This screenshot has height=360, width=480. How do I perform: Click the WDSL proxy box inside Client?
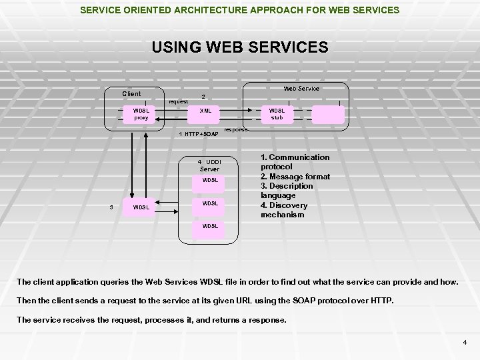[141, 114]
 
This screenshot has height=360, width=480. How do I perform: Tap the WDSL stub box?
[277, 114]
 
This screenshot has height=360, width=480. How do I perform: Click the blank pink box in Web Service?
[328, 114]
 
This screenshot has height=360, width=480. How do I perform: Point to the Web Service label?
[302, 88]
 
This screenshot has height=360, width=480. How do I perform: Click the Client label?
[131, 93]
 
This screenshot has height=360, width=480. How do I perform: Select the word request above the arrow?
[178, 102]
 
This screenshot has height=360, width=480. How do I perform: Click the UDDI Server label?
[210, 165]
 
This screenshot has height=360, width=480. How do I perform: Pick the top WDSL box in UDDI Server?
[210, 181]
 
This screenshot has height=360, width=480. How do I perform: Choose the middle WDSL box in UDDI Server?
[210, 203]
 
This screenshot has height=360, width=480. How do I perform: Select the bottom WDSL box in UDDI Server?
[210, 226]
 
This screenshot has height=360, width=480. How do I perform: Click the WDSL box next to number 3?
[141, 207]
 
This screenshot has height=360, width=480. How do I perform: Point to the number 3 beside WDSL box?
[111, 207]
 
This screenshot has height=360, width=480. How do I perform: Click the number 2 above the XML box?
[203, 96]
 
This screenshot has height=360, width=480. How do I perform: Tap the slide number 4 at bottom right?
[465, 343]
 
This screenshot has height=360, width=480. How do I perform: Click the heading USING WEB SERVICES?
[240, 47]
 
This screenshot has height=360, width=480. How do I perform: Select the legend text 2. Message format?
[295, 176]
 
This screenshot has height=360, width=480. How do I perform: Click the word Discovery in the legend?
[285, 205]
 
